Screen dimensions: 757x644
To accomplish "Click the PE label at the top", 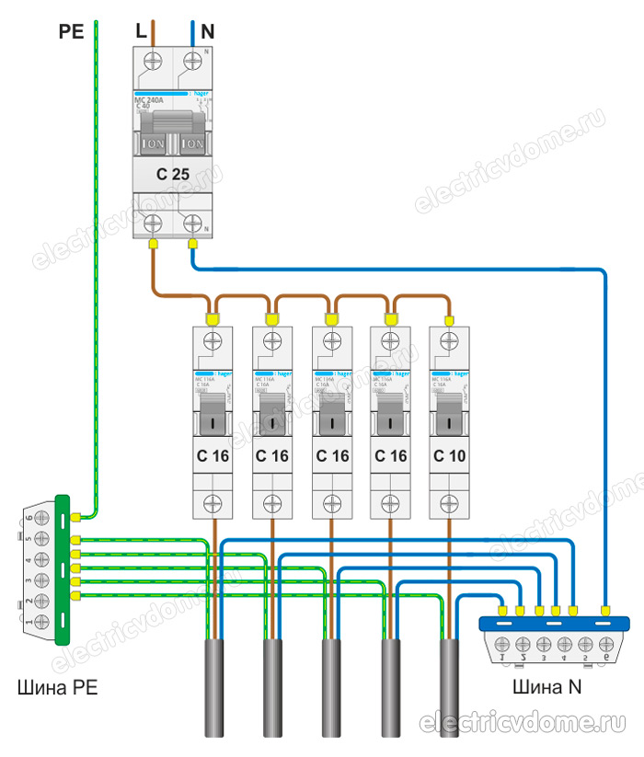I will pyautogui.click(x=71, y=31).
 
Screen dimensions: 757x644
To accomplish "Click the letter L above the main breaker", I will pyautogui.click(x=140, y=31).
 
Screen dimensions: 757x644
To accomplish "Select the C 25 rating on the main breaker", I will pyautogui.click(x=173, y=173).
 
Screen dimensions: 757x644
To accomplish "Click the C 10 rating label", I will pyautogui.click(x=449, y=454).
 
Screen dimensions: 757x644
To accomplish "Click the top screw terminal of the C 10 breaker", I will pyautogui.click(x=449, y=341).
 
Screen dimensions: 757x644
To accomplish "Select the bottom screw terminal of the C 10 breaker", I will pyautogui.click(x=449, y=502).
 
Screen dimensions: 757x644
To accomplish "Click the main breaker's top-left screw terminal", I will pyautogui.click(x=151, y=63).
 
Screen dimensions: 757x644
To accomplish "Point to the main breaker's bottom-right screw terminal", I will pyautogui.click(x=193, y=223).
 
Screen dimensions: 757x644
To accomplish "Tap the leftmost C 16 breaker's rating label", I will pyautogui.click(x=214, y=454).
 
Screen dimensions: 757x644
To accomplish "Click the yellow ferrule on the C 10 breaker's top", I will pyautogui.click(x=449, y=319).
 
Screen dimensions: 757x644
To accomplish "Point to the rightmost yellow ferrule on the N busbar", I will pyautogui.click(x=605, y=610).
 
